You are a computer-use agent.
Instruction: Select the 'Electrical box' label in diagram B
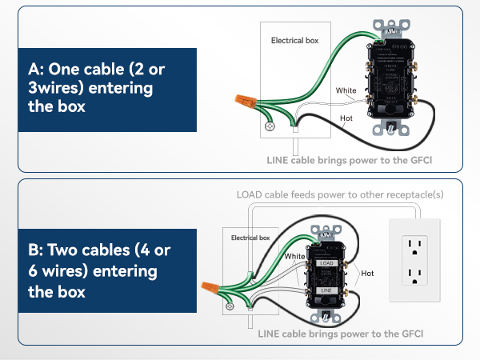tap(250, 238)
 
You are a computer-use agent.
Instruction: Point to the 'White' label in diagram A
tap(346, 90)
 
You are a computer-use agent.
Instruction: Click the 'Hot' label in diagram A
tap(346, 118)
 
